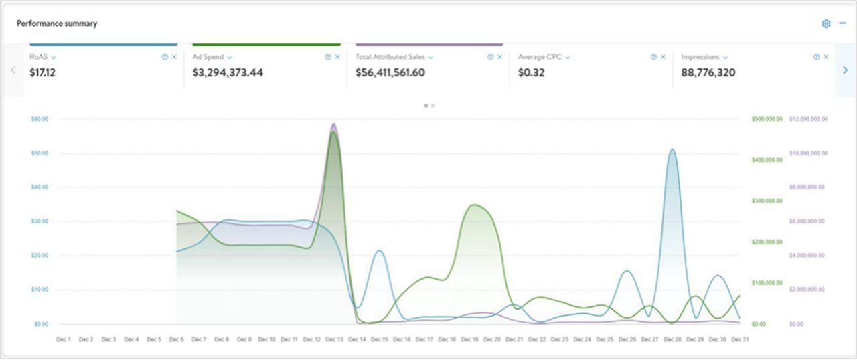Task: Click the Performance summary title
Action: click(x=57, y=23)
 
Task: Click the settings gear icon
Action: click(x=826, y=24)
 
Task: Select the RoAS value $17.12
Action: click(x=43, y=72)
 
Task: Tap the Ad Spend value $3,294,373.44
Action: click(x=228, y=72)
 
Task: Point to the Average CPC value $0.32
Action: click(x=531, y=72)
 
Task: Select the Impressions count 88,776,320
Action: click(x=708, y=72)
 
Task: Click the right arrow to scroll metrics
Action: click(x=845, y=70)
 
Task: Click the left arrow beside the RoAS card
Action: click(x=13, y=70)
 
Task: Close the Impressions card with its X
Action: click(x=826, y=57)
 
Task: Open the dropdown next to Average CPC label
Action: click(x=568, y=58)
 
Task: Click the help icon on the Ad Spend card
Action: click(x=327, y=57)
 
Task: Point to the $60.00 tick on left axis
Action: click(x=40, y=119)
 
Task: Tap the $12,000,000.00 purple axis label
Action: click(x=809, y=119)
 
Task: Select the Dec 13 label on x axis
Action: click(x=334, y=339)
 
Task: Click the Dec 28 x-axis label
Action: click(x=672, y=339)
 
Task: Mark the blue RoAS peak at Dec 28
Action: click(x=672, y=149)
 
